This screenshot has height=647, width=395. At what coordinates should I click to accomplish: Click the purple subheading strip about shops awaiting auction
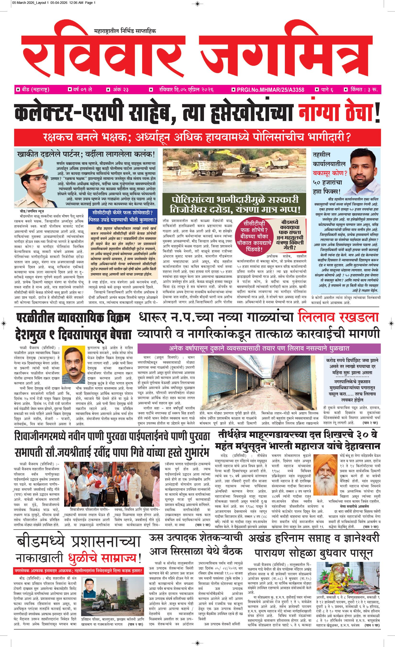tap(259, 348)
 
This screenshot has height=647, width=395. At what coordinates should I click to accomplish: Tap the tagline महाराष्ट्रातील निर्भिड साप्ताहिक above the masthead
tap(125, 31)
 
